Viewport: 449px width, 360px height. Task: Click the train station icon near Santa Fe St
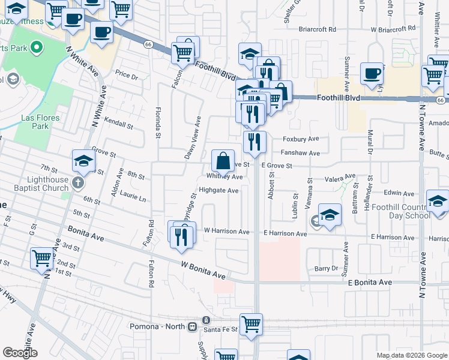tap(192, 326)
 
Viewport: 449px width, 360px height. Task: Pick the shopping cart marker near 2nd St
tap(41, 258)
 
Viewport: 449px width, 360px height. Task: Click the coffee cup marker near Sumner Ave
tap(372, 74)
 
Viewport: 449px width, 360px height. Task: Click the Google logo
tap(20, 353)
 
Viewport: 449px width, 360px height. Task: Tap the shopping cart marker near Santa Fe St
tap(251, 325)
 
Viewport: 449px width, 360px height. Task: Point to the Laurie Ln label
tap(133, 196)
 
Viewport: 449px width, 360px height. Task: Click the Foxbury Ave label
tap(301, 139)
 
